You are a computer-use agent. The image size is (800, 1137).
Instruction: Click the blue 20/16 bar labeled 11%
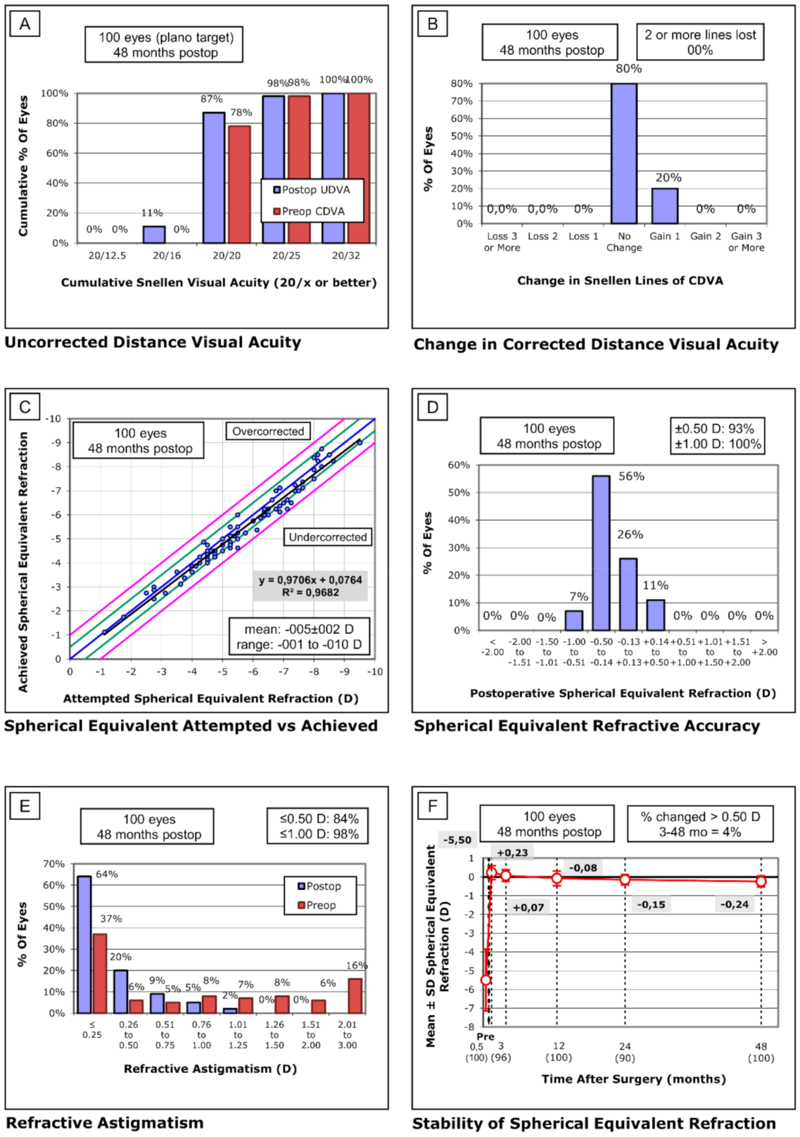(154, 234)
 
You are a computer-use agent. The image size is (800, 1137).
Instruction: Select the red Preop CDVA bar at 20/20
(239, 184)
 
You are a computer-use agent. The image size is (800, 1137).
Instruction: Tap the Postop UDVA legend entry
(312, 190)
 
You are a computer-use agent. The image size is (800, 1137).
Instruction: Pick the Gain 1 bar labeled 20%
(665, 206)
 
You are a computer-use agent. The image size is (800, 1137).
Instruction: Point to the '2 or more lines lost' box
(700, 42)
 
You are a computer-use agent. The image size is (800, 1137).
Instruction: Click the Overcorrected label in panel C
(268, 432)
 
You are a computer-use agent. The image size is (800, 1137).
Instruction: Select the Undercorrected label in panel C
(327, 537)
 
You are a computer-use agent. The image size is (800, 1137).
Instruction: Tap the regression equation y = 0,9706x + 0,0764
(310, 580)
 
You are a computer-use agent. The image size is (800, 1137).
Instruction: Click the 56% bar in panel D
(600, 553)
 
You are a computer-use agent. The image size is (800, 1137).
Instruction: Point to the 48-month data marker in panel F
(761, 881)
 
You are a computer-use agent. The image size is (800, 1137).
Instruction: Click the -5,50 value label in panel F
(457, 840)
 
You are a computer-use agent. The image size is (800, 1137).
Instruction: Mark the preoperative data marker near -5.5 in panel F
(486, 979)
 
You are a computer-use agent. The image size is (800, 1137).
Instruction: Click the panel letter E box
(25, 806)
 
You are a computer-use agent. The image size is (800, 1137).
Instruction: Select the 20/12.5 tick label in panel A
(107, 256)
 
